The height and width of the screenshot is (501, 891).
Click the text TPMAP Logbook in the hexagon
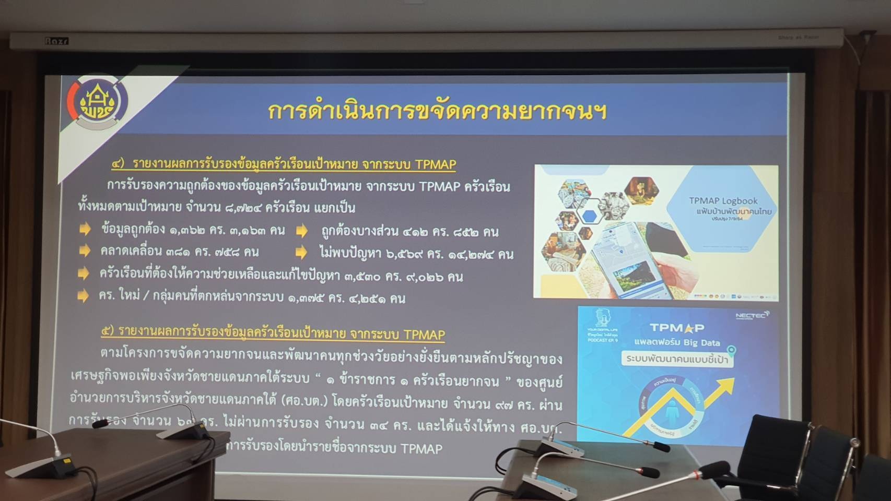(x=723, y=201)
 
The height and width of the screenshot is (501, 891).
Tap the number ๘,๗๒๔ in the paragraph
(x=244, y=208)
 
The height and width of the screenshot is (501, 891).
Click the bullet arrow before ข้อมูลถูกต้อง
(x=85, y=230)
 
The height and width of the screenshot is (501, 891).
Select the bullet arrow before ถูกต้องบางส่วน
(x=301, y=231)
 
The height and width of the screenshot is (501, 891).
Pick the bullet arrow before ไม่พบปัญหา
(x=301, y=253)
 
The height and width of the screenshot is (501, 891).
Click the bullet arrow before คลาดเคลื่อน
(x=84, y=252)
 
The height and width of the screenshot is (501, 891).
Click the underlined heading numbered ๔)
(x=284, y=164)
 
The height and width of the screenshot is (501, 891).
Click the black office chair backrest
(x=778, y=444)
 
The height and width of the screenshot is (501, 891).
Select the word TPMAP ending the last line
(x=421, y=448)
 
